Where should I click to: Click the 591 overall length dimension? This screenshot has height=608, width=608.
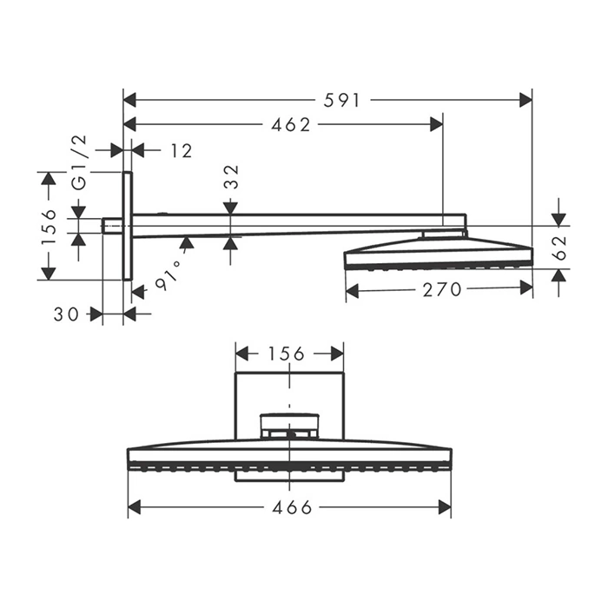(342, 101)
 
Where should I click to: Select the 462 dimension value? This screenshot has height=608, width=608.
(291, 125)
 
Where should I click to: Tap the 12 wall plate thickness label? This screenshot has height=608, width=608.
(182, 151)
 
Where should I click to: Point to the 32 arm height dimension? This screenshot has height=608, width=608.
(231, 177)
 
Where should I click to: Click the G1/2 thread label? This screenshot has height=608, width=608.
(80, 162)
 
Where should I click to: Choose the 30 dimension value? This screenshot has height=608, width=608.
(66, 314)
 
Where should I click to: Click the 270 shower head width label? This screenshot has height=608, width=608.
(442, 289)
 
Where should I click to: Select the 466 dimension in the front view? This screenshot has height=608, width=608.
(292, 507)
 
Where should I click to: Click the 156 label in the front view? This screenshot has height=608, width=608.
(286, 354)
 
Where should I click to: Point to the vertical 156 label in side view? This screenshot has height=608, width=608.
(50, 227)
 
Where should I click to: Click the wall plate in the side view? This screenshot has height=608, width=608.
(128, 226)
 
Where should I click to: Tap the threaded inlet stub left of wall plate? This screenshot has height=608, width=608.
(112, 226)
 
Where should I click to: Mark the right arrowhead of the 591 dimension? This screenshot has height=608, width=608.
(525, 100)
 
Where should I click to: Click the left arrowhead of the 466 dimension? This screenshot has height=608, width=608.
(134, 506)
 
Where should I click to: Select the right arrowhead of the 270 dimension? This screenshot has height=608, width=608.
(526, 287)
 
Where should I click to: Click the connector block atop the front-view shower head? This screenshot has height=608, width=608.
(289, 426)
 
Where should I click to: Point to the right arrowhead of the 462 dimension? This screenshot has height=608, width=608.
(436, 124)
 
